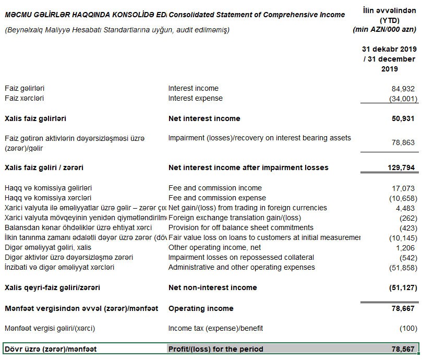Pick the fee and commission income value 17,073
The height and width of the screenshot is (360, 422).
402,188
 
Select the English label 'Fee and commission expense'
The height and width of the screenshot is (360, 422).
217,198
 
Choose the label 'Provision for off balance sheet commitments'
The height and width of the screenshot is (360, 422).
240,227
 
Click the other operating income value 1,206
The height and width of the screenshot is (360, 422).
404,247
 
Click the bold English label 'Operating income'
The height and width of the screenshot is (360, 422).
201,308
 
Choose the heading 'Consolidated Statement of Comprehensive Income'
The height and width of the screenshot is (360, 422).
257,15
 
